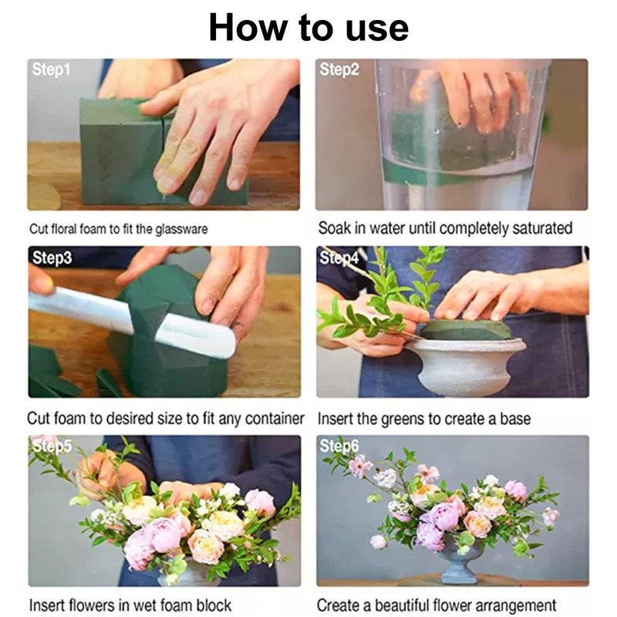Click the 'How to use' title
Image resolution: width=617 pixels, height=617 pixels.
coord(308,28)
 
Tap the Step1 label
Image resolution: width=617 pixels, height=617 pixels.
coord(51,69)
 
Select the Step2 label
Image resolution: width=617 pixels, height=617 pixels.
coord(339,69)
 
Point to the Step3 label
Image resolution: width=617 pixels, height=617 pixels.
coord(52,258)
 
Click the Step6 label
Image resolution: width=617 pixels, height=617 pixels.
coord(339,447)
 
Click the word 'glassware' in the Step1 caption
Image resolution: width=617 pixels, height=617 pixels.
coord(181,229)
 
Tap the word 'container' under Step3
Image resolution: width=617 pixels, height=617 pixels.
coord(275,419)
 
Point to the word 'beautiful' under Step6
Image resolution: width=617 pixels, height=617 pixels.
coord(402,605)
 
